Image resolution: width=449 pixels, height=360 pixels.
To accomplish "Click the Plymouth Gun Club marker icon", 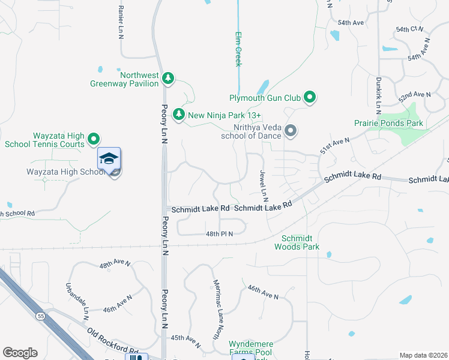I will (310, 97).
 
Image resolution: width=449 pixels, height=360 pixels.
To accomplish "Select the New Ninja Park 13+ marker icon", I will (178, 113).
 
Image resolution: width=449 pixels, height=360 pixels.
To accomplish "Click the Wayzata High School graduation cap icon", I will (109, 158).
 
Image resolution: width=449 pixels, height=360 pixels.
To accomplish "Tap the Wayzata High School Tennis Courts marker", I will (94, 139).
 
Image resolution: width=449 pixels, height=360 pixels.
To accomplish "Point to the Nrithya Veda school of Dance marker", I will (291, 130).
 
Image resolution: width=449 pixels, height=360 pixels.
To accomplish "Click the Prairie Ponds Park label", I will (388, 124).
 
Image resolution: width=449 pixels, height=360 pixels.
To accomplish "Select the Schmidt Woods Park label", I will (297, 242).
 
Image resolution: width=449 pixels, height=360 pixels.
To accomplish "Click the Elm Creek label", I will (238, 49).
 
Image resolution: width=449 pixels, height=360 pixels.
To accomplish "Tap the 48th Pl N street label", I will (219, 233).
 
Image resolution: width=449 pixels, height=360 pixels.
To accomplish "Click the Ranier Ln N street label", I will (121, 23).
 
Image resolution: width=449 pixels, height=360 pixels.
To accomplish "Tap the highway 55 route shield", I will (40, 315).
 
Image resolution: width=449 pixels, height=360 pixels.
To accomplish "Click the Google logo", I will (20, 352).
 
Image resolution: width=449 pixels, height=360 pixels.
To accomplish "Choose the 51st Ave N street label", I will (334, 144).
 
